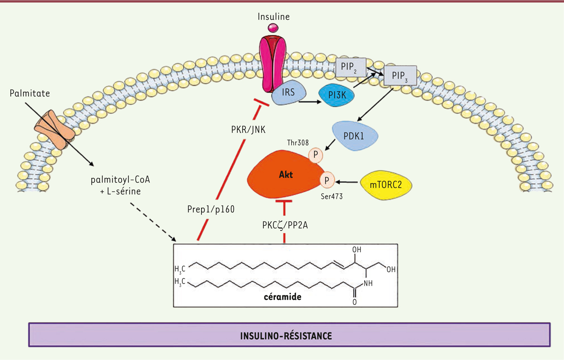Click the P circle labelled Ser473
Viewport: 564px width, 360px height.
tap(327, 180)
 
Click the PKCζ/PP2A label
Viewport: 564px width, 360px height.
tap(285, 225)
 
